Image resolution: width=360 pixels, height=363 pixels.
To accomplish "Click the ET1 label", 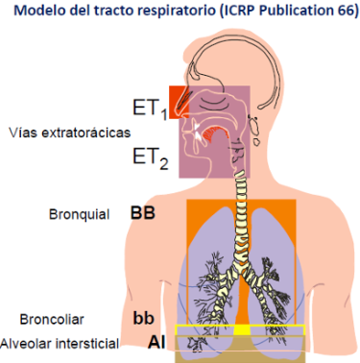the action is tap(150, 109).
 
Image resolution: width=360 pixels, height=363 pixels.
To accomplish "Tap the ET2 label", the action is tap(151, 158).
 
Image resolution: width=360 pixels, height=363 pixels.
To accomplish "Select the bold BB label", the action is tap(143, 213).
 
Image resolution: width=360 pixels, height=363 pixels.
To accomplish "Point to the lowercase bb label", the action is tap(144, 318).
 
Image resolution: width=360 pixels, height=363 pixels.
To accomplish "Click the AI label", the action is tap(156, 342).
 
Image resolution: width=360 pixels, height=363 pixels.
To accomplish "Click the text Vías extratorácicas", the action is tap(70, 133).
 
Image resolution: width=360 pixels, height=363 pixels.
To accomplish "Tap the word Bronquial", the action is tap(79, 214).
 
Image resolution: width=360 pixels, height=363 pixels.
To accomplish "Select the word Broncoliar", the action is tap(52, 319).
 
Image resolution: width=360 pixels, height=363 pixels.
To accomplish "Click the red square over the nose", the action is tap(179, 102).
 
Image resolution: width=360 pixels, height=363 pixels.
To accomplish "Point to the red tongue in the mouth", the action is tap(216, 133).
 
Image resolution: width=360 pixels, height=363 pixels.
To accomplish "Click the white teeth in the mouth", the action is tap(198, 132).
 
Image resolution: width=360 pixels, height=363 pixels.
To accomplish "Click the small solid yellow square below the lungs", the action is tap(241, 330).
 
